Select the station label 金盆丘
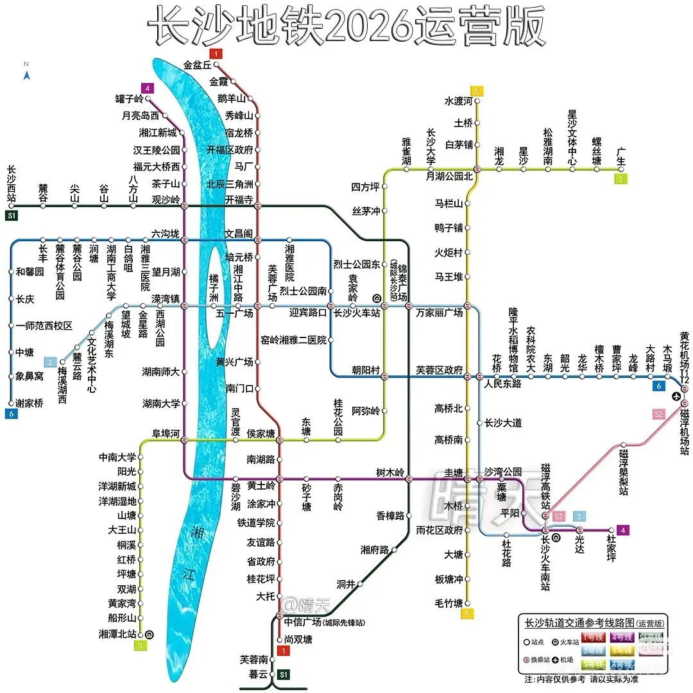pyautogui.click(x=197, y=65)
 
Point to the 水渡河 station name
pyautogui.click(x=458, y=101)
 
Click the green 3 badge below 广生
pyautogui.click(x=620, y=179)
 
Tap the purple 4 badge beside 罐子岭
pyautogui.click(x=148, y=88)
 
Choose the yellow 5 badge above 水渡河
pyautogui.click(x=476, y=90)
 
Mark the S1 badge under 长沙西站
pyautogui.click(x=11, y=216)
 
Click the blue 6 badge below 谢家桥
pyautogui.click(x=11, y=414)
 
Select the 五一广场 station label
pyautogui.click(x=235, y=314)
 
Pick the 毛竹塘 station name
pyautogui.click(x=449, y=603)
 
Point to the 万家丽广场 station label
pyautogui.click(x=439, y=313)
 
